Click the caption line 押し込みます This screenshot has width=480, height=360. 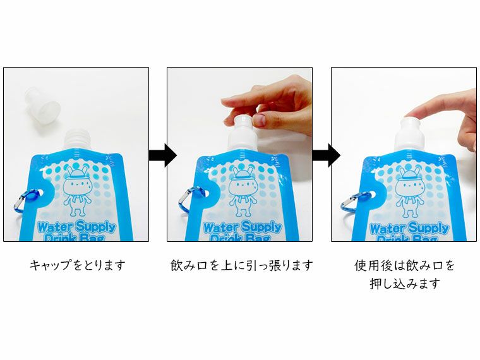(x=404, y=284)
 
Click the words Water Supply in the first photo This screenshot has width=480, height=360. (x=76, y=227)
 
